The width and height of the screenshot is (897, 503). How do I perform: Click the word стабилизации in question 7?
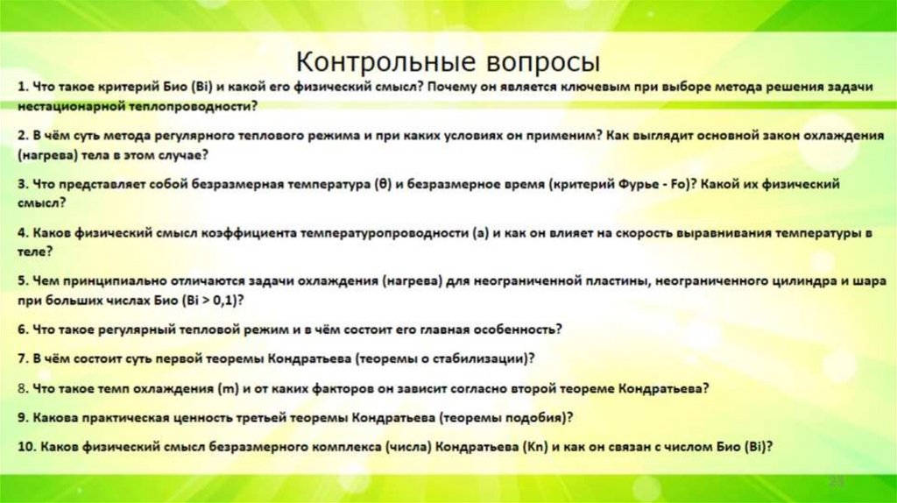click(482, 358)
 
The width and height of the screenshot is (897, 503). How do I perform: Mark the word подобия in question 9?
click(538, 416)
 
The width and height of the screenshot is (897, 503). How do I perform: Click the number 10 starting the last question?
click(25, 446)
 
